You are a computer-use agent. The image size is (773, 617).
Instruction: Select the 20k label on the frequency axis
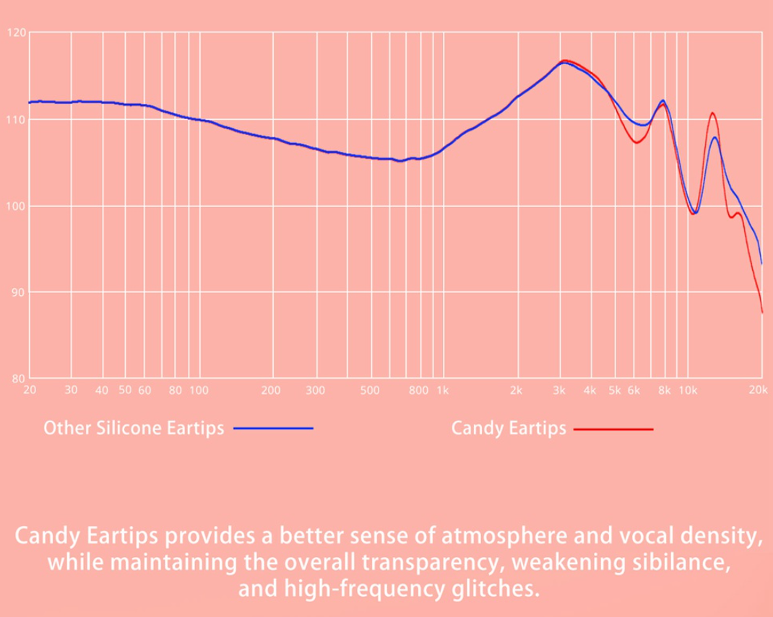pos(756,390)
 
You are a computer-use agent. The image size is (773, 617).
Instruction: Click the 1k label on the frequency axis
pos(441,390)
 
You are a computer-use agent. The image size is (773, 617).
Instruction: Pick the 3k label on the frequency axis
pos(559,390)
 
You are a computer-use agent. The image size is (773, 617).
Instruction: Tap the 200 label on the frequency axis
pos(272,390)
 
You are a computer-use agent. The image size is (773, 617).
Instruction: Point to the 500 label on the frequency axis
pos(370,390)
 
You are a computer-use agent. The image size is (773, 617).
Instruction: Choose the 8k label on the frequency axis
pos(664,390)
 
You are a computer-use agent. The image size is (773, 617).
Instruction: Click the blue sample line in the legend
pos(273,429)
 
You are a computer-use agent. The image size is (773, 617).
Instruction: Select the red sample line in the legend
pos(613,429)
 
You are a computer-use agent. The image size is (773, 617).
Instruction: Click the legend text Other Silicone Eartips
pos(134,428)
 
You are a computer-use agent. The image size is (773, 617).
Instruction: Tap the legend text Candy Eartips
pos(509,428)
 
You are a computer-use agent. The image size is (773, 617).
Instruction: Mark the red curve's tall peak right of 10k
pos(712,113)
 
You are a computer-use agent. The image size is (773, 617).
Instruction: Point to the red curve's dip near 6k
pos(636,142)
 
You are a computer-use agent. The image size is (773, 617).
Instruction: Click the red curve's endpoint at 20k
pos(762,312)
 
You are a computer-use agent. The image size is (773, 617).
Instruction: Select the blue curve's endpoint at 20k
pos(761,263)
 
